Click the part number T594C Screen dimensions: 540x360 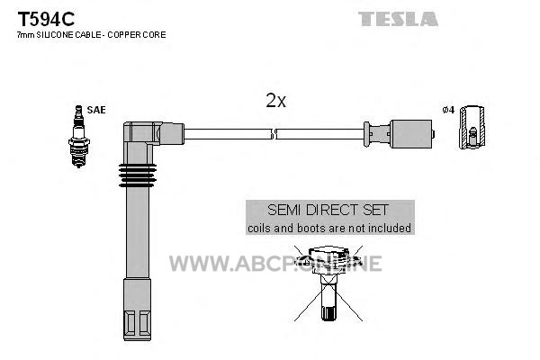pos(46,19)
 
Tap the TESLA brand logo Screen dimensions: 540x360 pos(398,19)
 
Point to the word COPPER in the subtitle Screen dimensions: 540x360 pos(127,34)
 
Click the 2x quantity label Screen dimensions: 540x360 pos(276,101)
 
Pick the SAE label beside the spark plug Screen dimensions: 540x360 pos(96,110)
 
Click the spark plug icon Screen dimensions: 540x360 pos(79,137)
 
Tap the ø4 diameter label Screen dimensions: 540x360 pos(448,110)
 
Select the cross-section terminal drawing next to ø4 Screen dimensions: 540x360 pos(472,128)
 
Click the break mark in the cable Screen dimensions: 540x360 pos(274,134)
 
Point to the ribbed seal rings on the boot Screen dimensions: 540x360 pos(138,175)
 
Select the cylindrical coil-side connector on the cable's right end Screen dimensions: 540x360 pos(411,134)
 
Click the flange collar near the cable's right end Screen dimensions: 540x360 pos(367,134)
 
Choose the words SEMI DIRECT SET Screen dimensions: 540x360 pos(328,210)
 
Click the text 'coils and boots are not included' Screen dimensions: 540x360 pos(329,228)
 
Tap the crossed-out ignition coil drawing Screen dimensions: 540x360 pos(328,283)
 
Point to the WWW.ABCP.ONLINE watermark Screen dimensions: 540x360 pos(275,264)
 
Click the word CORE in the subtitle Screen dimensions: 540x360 pos(157,34)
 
